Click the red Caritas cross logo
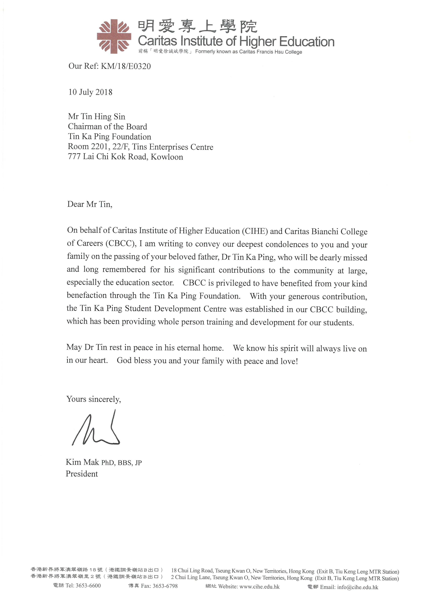click(x=114, y=36)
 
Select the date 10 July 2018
click(x=90, y=92)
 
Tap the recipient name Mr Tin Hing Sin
click(x=96, y=117)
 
